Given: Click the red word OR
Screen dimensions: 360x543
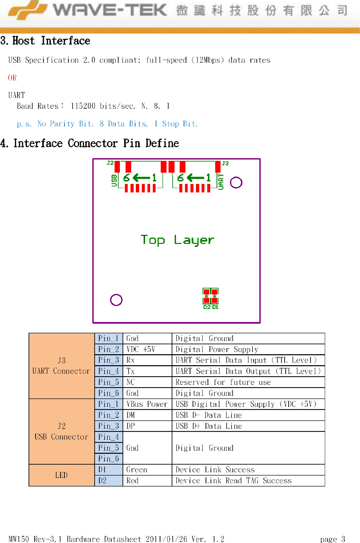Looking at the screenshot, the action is click(x=12, y=78).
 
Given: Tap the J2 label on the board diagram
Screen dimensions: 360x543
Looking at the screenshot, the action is click(x=110, y=163).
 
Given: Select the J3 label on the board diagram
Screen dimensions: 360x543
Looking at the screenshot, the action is click(x=225, y=163).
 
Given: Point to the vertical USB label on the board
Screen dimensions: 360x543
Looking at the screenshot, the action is click(x=114, y=180).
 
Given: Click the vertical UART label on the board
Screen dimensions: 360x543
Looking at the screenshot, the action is click(x=221, y=182).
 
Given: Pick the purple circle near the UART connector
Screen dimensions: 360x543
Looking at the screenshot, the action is click(x=236, y=182).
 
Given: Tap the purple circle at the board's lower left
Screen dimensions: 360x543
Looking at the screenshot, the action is click(x=116, y=300).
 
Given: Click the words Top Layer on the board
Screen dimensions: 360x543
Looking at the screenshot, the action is click(x=177, y=240).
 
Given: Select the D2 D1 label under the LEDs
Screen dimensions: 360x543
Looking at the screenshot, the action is click(x=211, y=307).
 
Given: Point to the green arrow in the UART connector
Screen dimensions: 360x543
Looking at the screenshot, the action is click(x=196, y=178).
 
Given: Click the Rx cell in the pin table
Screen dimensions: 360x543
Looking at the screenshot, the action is click(x=131, y=360).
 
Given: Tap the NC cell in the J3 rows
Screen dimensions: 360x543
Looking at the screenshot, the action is click(x=131, y=382).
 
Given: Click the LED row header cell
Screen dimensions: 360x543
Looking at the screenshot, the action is click(x=61, y=475).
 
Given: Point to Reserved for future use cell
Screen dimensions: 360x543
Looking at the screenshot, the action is click(x=223, y=382).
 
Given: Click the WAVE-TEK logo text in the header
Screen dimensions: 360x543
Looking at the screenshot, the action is click(x=110, y=10).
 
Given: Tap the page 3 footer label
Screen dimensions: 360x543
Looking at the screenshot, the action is click(x=332, y=539).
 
